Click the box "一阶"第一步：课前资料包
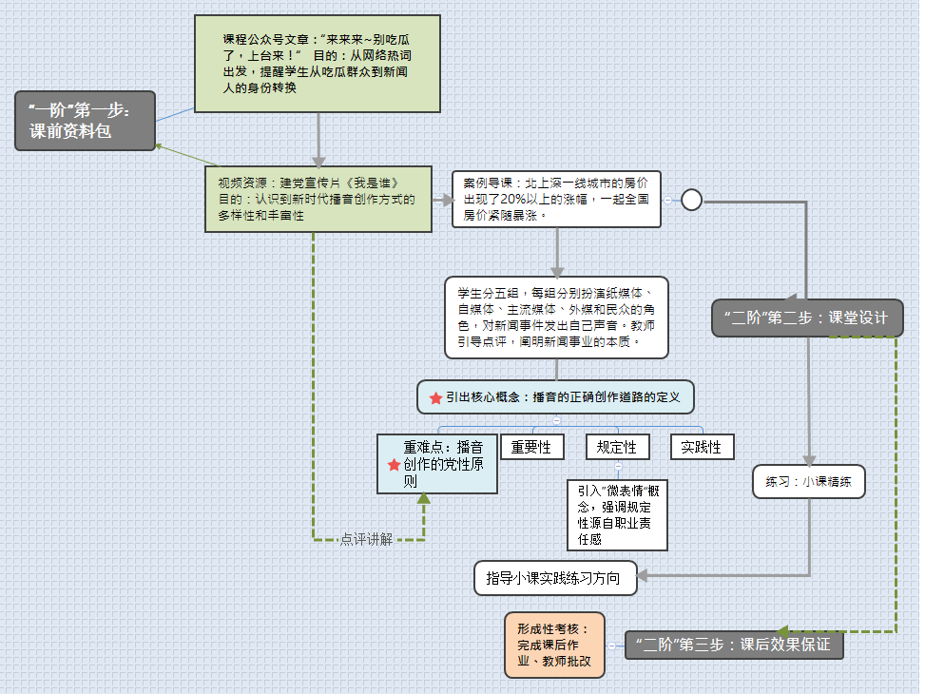[x=85, y=121]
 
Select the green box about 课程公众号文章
[x=317, y=64]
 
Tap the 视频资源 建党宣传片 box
[x=313, y=199]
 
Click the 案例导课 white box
[x=556, y=200]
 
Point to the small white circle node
[x=691, y=200]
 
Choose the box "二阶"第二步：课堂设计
[x=807, y=318]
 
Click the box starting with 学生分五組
[x=556, y=317]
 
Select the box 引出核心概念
[x=556, y=396]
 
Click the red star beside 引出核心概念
[x=435, y=397]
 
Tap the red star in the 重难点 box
[x=394, y=464]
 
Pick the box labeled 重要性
[x=531, y=446]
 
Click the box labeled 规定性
[x=617, y=446]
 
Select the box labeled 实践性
[x=702, y=446]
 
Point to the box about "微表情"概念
[x=617, y=515]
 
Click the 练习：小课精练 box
[x=808, y=482]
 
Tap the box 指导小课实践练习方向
[x=556, y=577]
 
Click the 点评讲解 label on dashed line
[x=366, y=539]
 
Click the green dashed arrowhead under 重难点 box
[x=423, y=499]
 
